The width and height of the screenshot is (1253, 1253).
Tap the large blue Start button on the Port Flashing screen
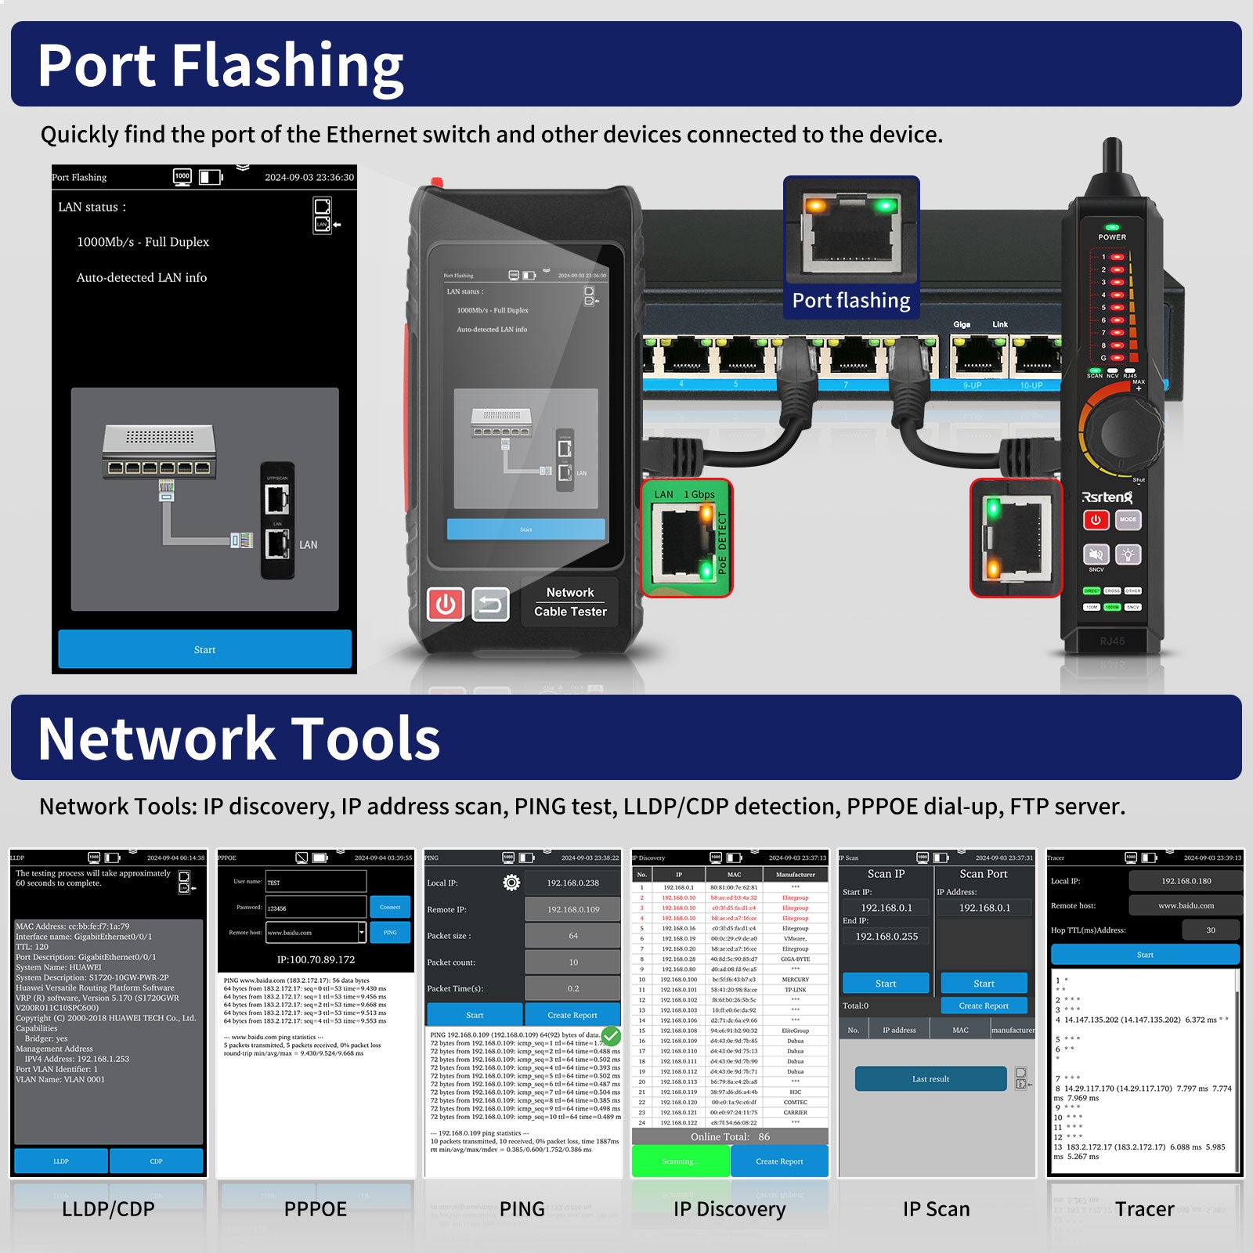point(204,649)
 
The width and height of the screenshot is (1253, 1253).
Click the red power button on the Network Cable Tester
point(446,605)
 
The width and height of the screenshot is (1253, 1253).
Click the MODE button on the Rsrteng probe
point(1128,519)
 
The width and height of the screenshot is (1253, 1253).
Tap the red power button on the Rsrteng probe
point(1096,519)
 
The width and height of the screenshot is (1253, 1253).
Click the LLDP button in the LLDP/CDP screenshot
point(61,1161)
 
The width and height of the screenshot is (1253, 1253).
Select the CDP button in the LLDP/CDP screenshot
point(156,1161)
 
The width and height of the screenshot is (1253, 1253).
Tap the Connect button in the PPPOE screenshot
point(390,907)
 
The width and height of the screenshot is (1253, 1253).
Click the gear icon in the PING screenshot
point(511,883)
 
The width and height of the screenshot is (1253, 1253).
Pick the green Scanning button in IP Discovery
point(680,1161)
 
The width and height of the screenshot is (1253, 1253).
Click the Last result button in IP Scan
point(930,1078)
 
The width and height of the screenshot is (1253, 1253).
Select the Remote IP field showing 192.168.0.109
point(572,909)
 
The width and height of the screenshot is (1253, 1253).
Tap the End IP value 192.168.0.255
point(886,936)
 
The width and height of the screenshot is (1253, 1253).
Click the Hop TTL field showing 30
point(1210,930)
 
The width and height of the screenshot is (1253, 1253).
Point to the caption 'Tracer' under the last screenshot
point(1144,1209)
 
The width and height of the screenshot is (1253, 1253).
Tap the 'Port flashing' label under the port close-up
point(851,301)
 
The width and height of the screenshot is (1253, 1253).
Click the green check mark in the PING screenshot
point(611,1036)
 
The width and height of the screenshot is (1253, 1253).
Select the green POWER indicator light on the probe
point(1111,227)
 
